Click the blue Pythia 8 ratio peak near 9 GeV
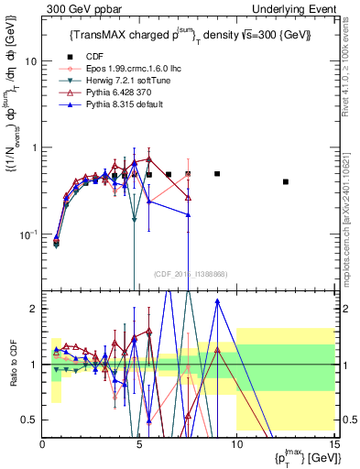(217, 313)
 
